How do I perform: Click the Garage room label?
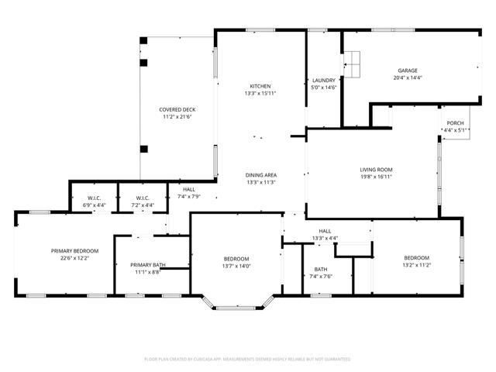point(408,71)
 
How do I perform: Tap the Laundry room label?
point(322,80)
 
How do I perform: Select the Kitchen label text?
point(260,86)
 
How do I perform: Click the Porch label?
point(454,123)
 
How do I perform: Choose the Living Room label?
point(376,170)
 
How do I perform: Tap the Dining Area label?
point(261,175)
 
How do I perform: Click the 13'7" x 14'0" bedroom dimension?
point(236,266)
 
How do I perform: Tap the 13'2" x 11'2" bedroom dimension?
point(415,265)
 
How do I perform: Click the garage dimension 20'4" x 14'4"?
point(408,77)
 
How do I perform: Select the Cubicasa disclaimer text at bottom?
point(248,359)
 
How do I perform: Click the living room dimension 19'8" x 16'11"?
point(376,177)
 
